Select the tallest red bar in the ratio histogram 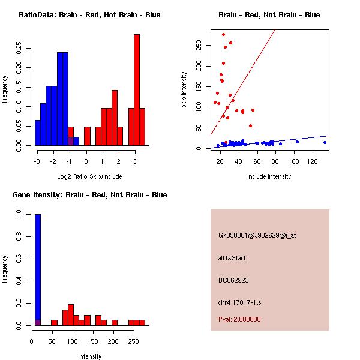137,90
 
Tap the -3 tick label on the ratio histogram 37,162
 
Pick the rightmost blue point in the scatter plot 325,142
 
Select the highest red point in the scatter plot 224,35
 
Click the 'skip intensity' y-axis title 184,89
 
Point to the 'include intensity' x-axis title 269,176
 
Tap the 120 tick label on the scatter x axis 313,162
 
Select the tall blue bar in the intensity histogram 38,270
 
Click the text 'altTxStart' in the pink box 232,258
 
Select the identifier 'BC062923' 233,280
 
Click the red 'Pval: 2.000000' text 239,319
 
